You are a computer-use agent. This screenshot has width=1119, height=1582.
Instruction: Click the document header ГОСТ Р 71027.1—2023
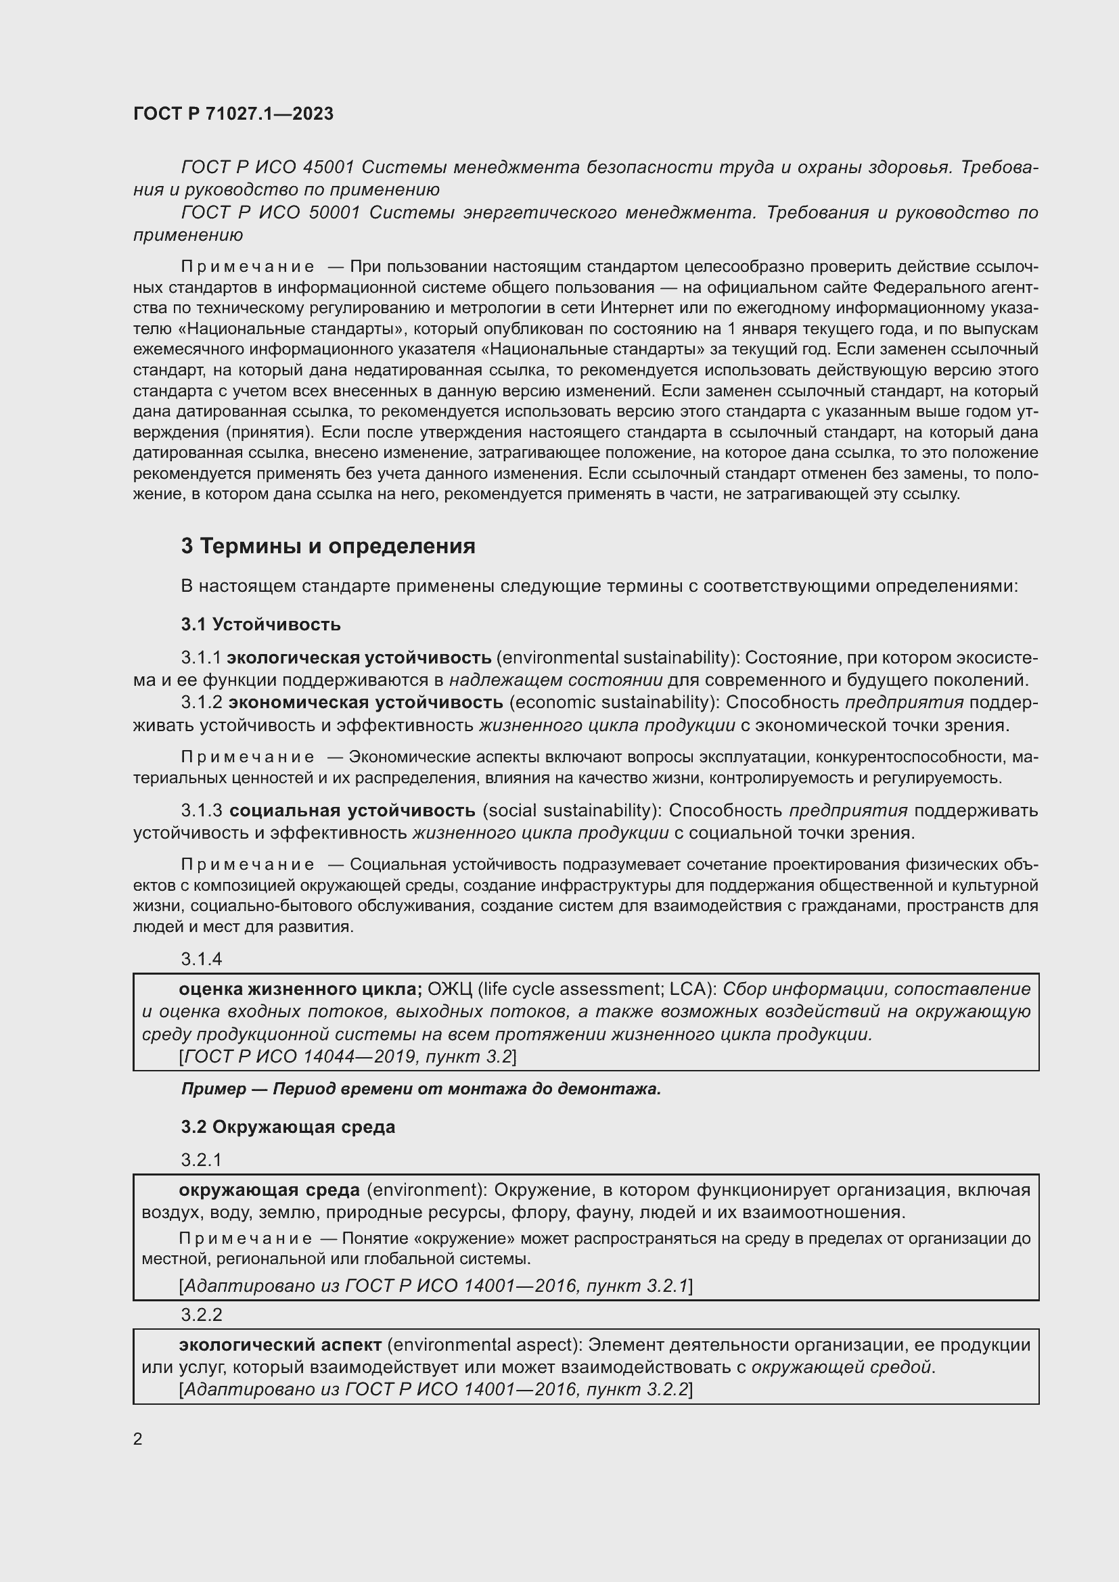click(x=233, y=114)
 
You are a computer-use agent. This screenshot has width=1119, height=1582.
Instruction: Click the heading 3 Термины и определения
click(x=328, y=546)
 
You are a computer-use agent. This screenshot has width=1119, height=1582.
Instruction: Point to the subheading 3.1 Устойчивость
click(x=260, y=624)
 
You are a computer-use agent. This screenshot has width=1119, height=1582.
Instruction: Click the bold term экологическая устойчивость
click(x=359, y=657)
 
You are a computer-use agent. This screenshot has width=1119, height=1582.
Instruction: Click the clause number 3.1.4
click(x=201, y=958)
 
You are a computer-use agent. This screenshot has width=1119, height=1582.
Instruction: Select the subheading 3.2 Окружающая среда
click(x=288, y=1127)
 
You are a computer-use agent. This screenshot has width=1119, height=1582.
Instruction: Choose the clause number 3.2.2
click(x=201, y=1315)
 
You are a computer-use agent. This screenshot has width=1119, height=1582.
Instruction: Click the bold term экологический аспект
click(x=280, y=1345)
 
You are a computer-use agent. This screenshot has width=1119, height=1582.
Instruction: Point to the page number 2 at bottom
click(x=138, y=1439)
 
